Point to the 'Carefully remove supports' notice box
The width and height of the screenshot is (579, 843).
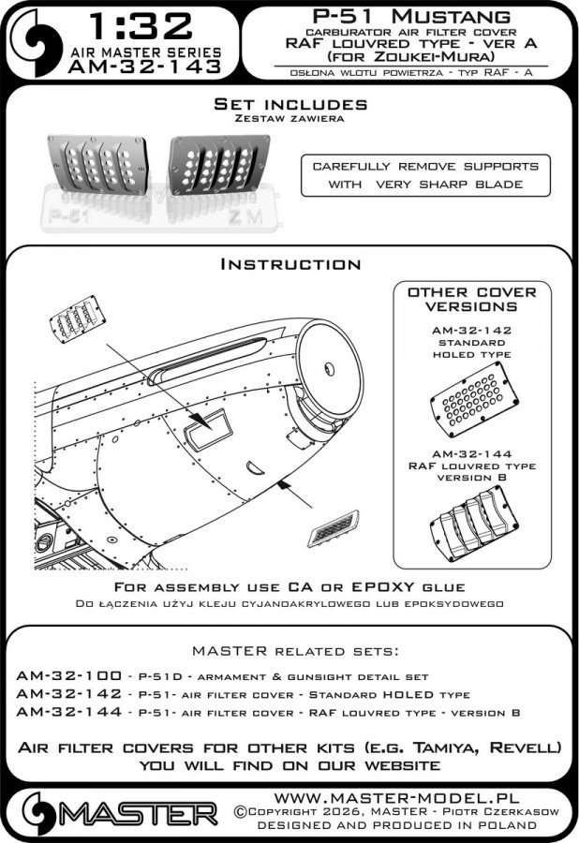425,174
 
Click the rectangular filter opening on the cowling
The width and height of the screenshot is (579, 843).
209,428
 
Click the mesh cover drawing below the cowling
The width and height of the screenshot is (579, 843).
332,531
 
